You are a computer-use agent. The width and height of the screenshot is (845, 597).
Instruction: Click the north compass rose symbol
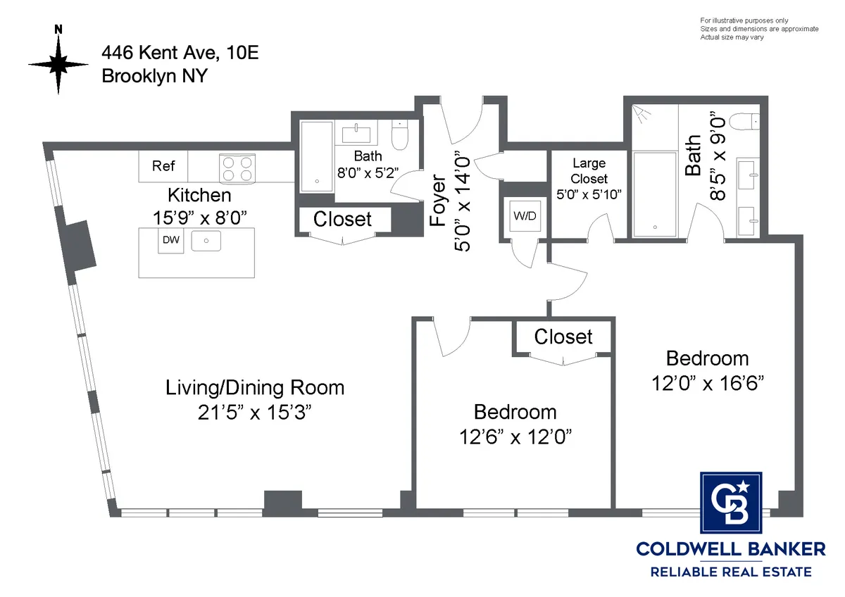(58, 63)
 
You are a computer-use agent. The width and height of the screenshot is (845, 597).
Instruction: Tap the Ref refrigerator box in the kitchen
(163, 166)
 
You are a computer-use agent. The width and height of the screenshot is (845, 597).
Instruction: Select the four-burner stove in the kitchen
(237, 168)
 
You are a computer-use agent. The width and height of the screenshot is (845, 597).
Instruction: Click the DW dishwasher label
(170, 240)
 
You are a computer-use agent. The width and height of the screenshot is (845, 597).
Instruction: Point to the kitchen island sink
(206, 241)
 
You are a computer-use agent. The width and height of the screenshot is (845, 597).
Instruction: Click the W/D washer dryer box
(524, 216)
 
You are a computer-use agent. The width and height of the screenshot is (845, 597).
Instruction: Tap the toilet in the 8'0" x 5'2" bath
(399, 134)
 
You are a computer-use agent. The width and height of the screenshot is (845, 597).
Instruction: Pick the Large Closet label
(589, 171)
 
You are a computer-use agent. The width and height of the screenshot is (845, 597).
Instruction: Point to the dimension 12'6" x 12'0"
(514, 437)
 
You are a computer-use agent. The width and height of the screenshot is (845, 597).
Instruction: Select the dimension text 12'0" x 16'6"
(707, 384)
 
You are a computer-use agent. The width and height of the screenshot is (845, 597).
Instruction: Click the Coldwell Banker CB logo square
(731, 503)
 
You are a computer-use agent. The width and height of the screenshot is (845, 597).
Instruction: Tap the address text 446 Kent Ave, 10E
(180, 52)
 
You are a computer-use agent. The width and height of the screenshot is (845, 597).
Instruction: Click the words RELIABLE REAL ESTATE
(731, 572)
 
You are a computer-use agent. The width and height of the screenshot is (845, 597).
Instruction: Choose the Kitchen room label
(199, 194)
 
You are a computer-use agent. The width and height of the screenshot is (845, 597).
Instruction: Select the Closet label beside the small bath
(342, 219)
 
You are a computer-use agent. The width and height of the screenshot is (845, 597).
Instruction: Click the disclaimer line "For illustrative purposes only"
(744, 20)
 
